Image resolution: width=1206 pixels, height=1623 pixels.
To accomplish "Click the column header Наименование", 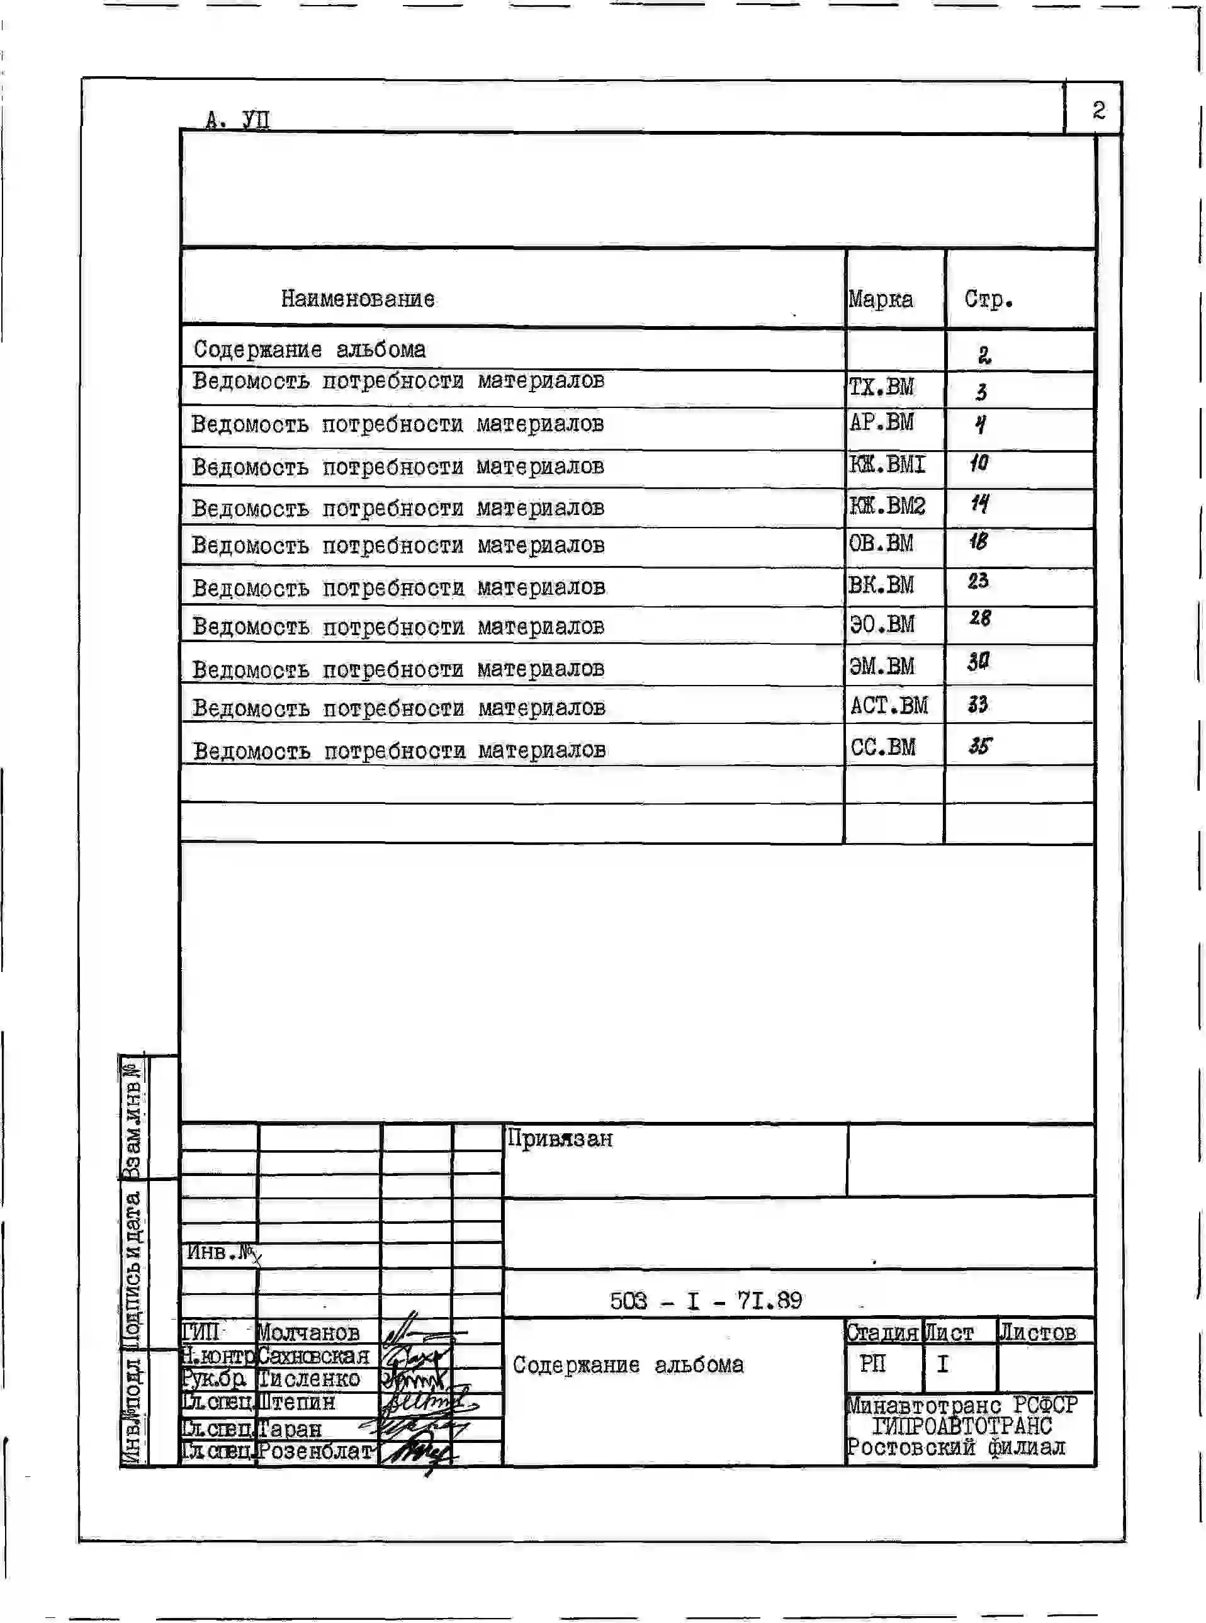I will [358, 298].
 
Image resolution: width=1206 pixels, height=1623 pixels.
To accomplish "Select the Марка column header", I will [881, 299].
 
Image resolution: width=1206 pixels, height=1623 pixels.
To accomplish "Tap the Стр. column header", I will [988, 298].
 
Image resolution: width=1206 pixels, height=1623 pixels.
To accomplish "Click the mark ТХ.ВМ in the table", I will [881, 387].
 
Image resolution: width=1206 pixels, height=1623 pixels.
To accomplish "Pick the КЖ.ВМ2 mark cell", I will [887, 506].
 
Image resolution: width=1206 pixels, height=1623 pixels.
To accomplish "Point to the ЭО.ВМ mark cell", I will [882, 625].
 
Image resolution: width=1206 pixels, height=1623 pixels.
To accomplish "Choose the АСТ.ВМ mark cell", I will [888, 705].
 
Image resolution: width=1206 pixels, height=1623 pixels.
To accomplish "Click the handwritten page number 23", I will [978, 581].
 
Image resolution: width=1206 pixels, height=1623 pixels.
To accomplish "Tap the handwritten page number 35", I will [979, 745].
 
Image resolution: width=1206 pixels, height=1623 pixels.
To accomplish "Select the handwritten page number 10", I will [979, 463].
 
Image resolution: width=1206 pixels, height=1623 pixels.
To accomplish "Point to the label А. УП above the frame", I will [237, 119].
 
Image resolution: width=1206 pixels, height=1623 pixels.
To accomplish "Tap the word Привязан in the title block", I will [560, 1139].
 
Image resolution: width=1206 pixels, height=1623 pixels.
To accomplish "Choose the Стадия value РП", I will [873, 1363].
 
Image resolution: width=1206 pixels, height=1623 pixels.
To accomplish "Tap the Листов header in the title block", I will [1037, 1333].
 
